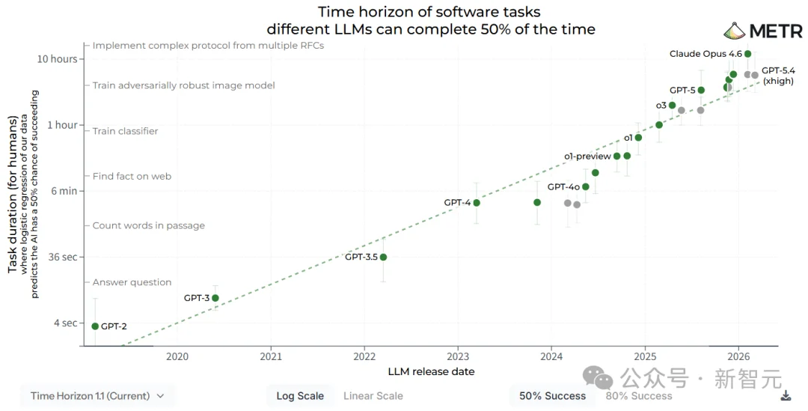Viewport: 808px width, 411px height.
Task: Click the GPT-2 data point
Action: [x=95, y=326]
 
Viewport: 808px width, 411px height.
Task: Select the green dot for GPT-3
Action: [x=215, y=298]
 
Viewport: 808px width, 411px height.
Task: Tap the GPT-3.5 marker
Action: [x=383, y=257]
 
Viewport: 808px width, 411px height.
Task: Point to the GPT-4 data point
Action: [x=477, y=203]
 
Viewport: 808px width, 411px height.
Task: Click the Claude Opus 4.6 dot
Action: [x=748, y=54]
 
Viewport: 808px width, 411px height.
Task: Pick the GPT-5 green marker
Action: [x=701, y=91]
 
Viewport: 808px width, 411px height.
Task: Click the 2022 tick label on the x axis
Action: [x=364, y=357]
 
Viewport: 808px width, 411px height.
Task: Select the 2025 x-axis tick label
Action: [x=645, y=357]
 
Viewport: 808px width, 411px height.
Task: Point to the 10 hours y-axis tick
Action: [x=59, y=59]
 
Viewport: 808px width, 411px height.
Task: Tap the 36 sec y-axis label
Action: [x=62, y=257]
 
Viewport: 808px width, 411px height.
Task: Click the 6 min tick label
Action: [x=64, y=191]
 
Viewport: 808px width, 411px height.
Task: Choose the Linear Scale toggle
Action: [x=373, y=396]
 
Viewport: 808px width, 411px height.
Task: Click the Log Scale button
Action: [x=300, y=396]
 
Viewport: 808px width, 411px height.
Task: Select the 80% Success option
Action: [x=638, y=396]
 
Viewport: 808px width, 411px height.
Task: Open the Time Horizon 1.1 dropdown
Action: [x=98, y=396]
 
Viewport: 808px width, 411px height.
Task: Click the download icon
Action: [x=786, y=396]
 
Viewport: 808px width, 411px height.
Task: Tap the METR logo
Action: [x=763, y=31]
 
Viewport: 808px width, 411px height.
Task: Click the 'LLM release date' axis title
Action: [x=431, y=371]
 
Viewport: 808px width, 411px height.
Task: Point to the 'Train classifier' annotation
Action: [x=125, y=131]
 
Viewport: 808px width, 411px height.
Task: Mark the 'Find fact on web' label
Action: [x=132, y=177]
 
